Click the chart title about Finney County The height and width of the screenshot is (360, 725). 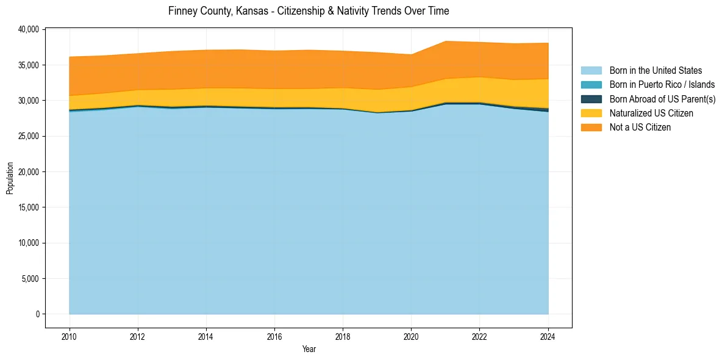pyautogui.click(x=309, y=11)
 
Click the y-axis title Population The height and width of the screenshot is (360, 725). pyautogui.click(x=10, y=178)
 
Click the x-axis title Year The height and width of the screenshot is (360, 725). pyautogui.click(x=309, y=350)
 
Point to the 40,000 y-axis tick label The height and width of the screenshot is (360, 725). pyautogui.click(x=29, y=29)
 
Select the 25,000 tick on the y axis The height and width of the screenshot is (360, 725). pyautogui.click(x=29, y=136)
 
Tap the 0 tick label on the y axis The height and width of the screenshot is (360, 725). pyautogui.click(x=37, y=314)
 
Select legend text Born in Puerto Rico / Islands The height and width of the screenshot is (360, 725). pyautogui.click(x=662, y=85)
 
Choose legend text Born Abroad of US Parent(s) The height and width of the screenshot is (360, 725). pyautogui.click(x=662, y=99)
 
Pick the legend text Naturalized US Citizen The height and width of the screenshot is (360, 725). pyautogui.click(x=651, y=113)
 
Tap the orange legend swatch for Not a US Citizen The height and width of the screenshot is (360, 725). pyautogui.click(x=591, y=128)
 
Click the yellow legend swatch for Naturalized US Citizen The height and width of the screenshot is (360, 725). pyautogui.click(x=591, y=113)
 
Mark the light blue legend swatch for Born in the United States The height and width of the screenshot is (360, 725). pyautogui.click(x=591, y=71)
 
